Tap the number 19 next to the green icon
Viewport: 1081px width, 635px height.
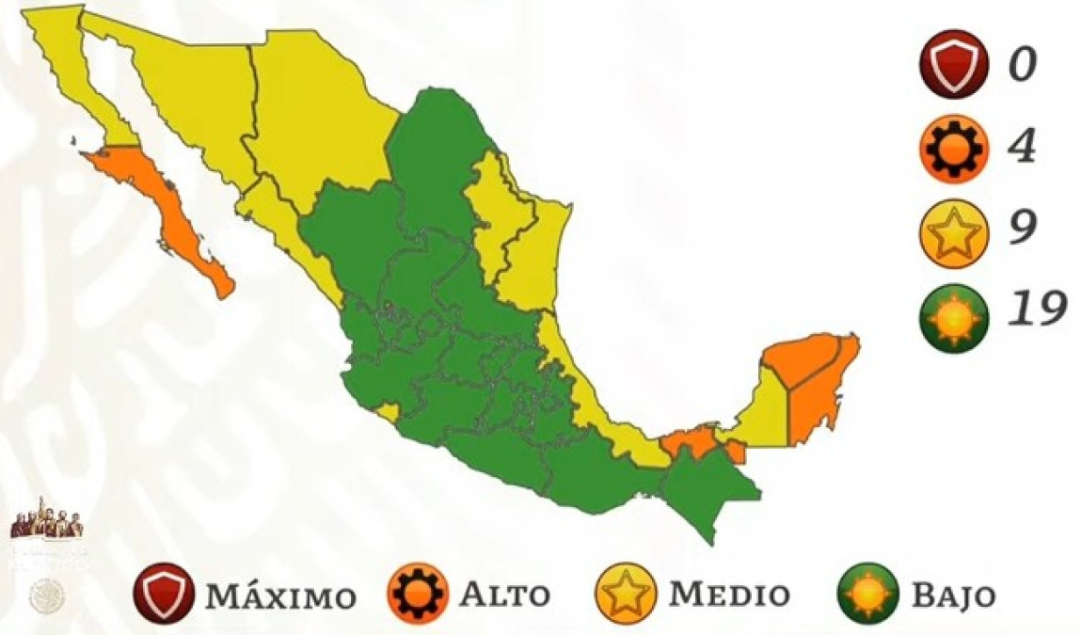point(1036,308)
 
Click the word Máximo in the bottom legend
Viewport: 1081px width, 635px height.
point(280,596)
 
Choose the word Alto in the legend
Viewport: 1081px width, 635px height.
point(504,595)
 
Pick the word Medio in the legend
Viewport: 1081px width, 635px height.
point(728,595)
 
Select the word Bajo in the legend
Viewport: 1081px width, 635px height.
point(952,595)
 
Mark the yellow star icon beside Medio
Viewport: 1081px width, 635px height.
point(624,594)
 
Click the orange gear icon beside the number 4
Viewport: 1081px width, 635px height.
point(953,147)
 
